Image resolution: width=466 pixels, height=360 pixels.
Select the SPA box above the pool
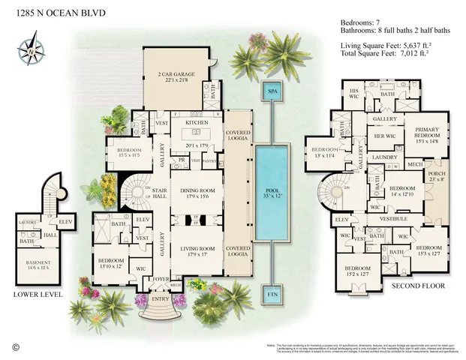tap(271, 91)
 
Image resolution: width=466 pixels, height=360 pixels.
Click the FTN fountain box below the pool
tap(271, 294)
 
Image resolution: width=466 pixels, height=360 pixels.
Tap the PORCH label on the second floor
tap(437, 176)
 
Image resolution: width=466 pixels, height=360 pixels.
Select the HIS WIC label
tap(355, 93)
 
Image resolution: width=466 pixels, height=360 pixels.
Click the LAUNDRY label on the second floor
tap(384, 157)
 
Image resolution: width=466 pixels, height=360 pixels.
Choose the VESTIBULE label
tap(394, 219)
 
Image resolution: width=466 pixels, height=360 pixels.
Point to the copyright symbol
tap(15, 346)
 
